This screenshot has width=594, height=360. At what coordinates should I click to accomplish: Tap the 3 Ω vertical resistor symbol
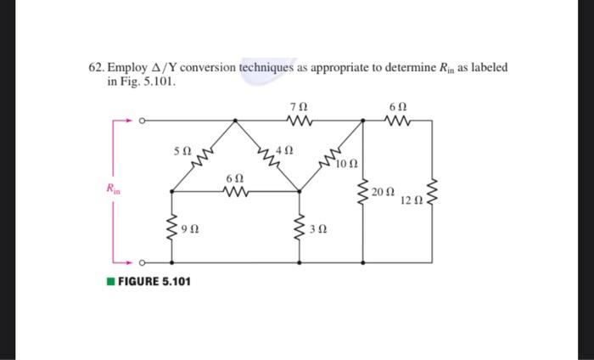299,228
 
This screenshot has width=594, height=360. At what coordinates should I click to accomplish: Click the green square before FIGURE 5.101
110,281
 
